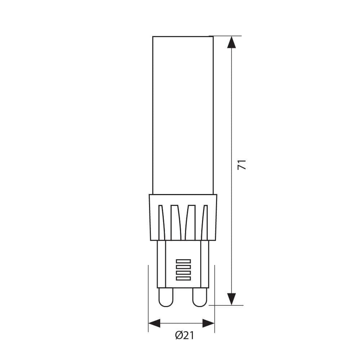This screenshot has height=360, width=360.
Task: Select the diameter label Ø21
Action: (185, 336)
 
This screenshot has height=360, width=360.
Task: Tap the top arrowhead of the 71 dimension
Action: (231, 42)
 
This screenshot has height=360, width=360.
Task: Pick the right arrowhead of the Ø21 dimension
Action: (208, 323)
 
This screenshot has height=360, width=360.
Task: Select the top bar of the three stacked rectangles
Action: (183, 261)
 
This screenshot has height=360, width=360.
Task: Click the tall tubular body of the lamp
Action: (183, 115)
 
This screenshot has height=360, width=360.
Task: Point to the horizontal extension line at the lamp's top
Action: (227, 36)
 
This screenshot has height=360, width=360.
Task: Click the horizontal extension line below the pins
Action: (227, 305)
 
